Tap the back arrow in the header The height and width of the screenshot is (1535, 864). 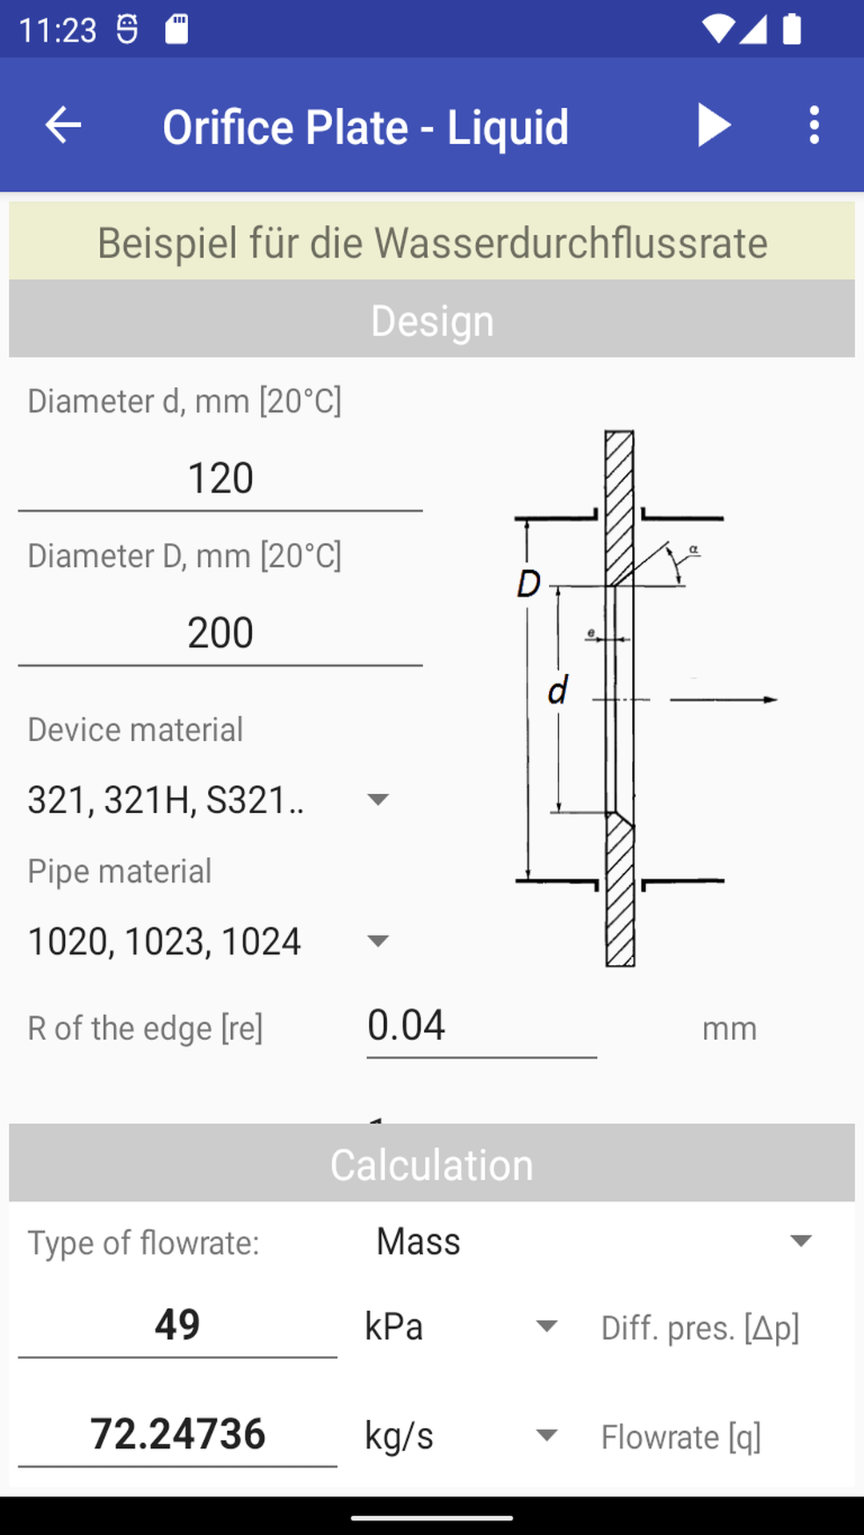tap(63, 126)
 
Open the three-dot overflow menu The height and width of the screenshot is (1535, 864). tap(814, 126)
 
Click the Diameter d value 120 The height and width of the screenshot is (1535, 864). tap(220, 479)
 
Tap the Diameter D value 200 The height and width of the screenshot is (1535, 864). tap(220, 633)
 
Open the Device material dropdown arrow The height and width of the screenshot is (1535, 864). tap(377, 799)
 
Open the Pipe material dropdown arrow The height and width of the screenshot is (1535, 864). tap(377, 941)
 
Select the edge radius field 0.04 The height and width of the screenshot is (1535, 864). tap(480, 1026)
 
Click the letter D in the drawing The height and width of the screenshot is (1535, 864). tap(529, 584)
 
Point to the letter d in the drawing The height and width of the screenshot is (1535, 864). tap(558, 690)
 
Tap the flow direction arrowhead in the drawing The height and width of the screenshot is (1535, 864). tap(770, 700)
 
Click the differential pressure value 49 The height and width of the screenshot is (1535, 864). tap(177, 1325)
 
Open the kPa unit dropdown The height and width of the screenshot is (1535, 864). tap(546, 1326)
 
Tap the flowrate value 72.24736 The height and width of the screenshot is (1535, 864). tap(177, 1434)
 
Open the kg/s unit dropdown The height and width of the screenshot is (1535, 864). tap(546, 1435)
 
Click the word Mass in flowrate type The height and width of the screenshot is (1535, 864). tap(418, 1242)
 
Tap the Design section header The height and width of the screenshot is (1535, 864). tap(432, 321)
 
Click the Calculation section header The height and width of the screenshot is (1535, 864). tap(432, 1165)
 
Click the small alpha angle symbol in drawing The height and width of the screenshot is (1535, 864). tap(694, 549)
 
